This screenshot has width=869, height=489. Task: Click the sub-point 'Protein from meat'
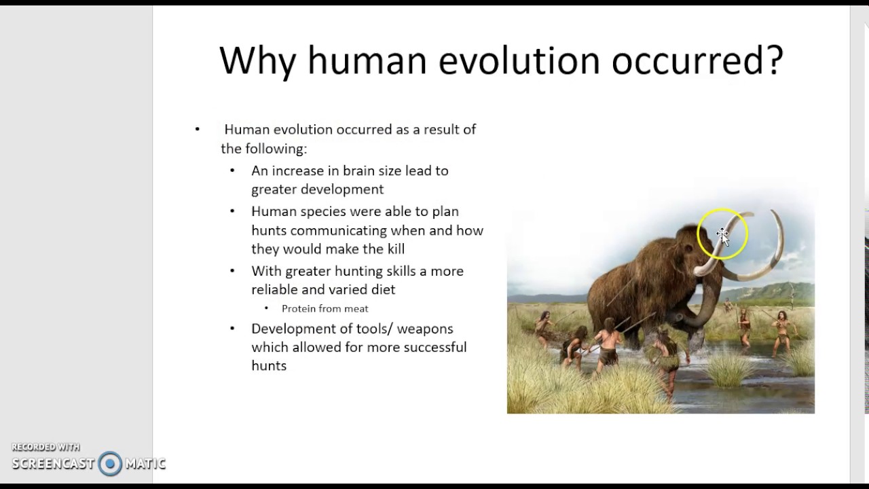(x=325, y=308)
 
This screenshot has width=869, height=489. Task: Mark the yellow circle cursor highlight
(x=722, y=234)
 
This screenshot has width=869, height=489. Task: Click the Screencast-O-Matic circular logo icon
(x=110, y=464)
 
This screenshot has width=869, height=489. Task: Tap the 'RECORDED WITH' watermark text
(x=45, y=447)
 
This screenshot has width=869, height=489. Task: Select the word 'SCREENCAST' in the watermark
(x=53, y=464)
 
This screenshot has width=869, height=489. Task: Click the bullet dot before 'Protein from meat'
(x=267, y=308)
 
